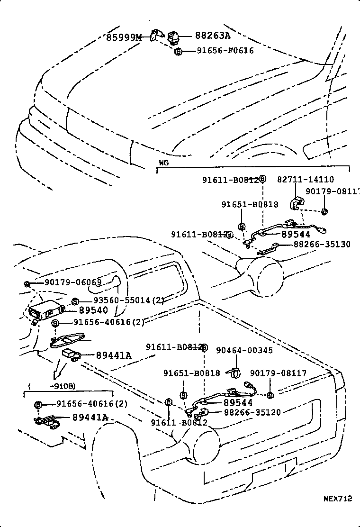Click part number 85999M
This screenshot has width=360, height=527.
(124, 36)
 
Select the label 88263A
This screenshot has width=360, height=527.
(212, 36)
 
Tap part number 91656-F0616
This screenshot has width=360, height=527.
(225, 50)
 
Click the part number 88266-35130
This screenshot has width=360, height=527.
(322, 244)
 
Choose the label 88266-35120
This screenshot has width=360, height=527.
(252, 412)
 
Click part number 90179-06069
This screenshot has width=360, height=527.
(73, 282)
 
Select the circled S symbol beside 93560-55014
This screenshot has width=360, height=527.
(75, 301)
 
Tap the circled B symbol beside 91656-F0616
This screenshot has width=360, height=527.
(178, 51)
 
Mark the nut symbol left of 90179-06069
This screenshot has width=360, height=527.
(27, 283)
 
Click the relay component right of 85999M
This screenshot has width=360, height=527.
(173, 36)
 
